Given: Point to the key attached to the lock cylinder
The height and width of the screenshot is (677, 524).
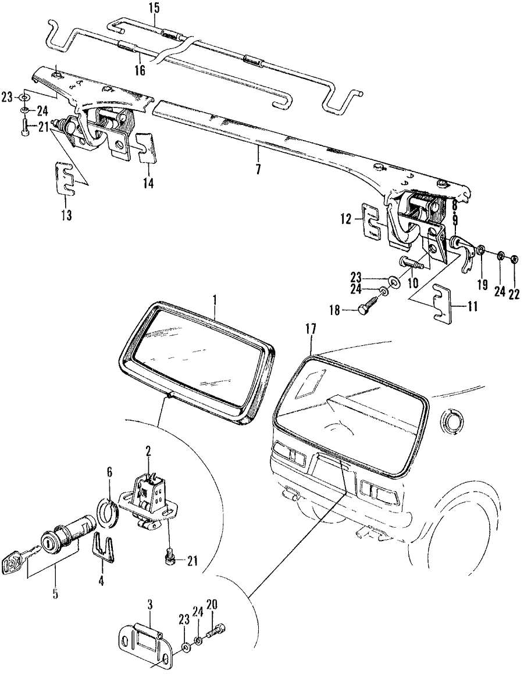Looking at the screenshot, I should point(12,563).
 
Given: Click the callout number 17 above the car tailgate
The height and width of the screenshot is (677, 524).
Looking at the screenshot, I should point(311,329).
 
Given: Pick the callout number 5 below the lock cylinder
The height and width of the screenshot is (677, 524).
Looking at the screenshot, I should point(55,594).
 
